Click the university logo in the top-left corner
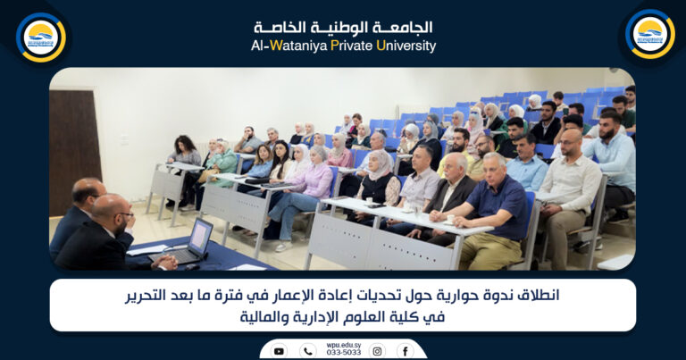click(x=40, y=37)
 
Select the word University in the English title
click(x=406, y=46)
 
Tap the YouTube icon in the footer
click(x=279, y=351)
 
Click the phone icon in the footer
click(x=307, y=351)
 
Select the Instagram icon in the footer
click(x=377, y=351)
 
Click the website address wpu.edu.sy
click(x=342, y=343)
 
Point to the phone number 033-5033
click(x=343, y=352)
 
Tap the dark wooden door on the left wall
click(x=75, y=152)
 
